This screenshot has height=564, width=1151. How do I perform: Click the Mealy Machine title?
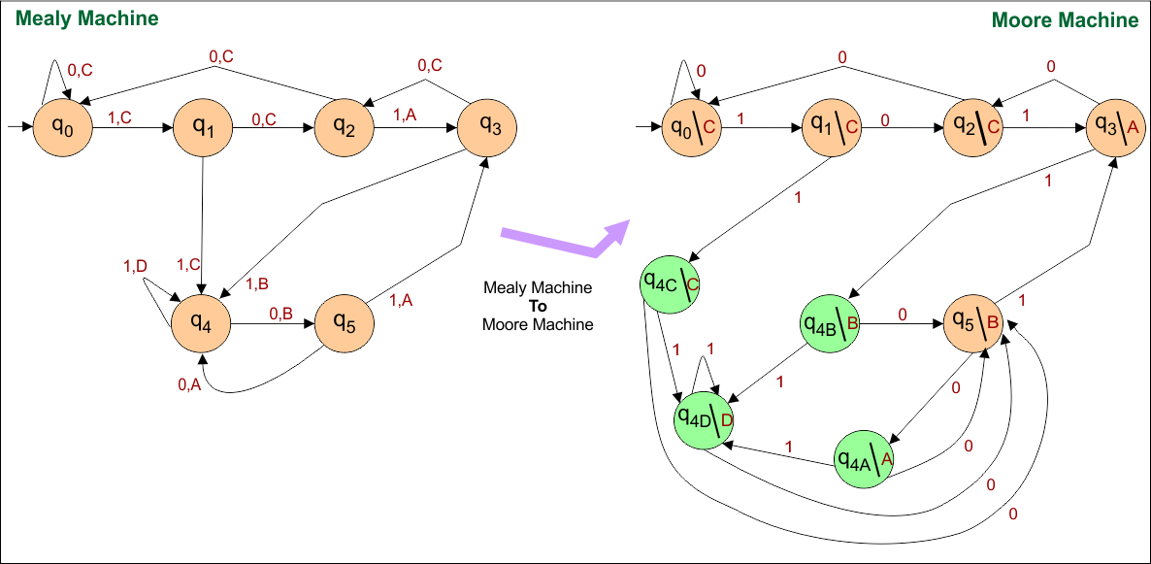(x=86, y=18)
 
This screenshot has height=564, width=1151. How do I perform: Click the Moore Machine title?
(x=1064, y=20)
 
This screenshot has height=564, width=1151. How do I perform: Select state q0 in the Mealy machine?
(x=62, y=125)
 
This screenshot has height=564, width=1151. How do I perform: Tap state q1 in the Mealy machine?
(x=202, y=125)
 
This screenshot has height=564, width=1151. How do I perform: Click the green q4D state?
(x=705, y=419)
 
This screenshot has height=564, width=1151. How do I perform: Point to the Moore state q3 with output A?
(x=1113, y=127)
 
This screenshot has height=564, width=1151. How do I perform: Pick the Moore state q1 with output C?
(x=832, y=127)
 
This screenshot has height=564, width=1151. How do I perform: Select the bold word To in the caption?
(x=538, y=307)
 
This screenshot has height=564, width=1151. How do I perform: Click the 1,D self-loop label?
(x=135, y=266)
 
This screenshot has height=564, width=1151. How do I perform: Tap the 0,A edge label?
(x=189, y=385)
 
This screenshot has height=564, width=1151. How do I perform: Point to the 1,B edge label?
(x=257, y=283)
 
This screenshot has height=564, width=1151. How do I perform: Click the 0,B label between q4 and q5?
(x=280, y=313)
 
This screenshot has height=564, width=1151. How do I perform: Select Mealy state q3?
(x=486, y=125)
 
